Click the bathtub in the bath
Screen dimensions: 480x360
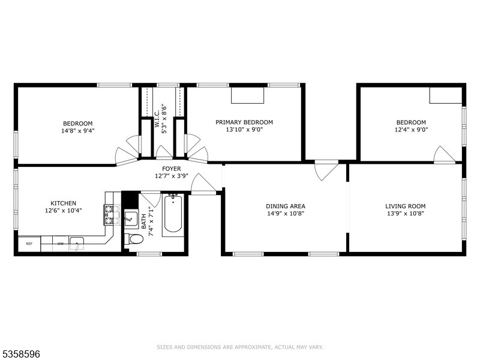173,214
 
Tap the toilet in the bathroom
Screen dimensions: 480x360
134,239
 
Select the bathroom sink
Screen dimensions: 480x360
131,218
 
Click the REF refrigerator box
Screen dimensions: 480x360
29,244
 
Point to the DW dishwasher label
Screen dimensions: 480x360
61,244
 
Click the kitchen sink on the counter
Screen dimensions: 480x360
77,244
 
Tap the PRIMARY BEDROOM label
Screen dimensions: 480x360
244,122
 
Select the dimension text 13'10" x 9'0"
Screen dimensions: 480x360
244,130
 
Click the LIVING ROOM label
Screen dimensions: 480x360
406,206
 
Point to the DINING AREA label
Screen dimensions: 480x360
286,206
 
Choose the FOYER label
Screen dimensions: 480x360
172,169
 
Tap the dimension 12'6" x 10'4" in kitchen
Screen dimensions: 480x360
64,211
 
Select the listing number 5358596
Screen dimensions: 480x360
20,354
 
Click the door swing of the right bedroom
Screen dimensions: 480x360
444,154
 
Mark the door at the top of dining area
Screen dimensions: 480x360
326,170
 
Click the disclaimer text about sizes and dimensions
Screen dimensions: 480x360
239,347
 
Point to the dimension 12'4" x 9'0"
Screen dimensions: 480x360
411,130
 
